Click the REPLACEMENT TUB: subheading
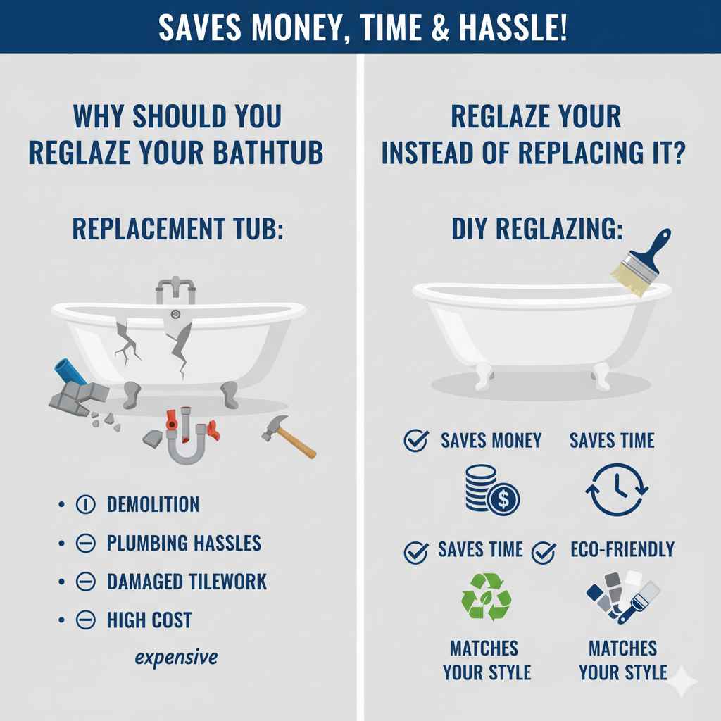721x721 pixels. point(177,230)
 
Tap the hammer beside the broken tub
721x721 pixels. point(288,437)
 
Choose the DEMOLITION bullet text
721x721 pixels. point(153,504)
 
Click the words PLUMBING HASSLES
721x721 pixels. point(184,543)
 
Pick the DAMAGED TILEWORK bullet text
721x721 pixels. point(187,582)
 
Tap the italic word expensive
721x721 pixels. point(176,658)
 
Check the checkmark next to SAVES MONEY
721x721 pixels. point(415,441)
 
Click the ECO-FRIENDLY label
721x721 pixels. point(622,549)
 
